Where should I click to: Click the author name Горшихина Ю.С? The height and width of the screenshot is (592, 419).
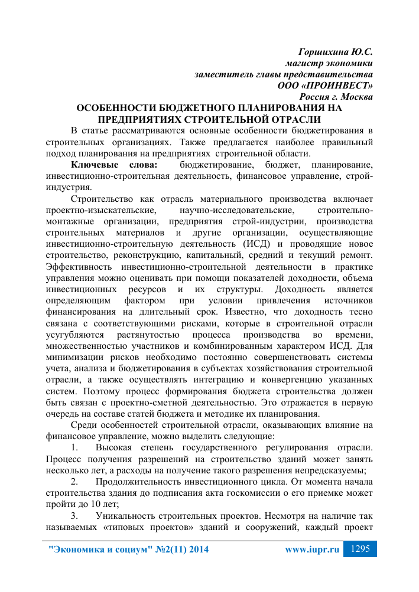pos(336,52)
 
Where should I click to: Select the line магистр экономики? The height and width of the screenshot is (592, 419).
pos(329,63)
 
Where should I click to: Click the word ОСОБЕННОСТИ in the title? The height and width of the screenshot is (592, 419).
pos(117,108)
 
